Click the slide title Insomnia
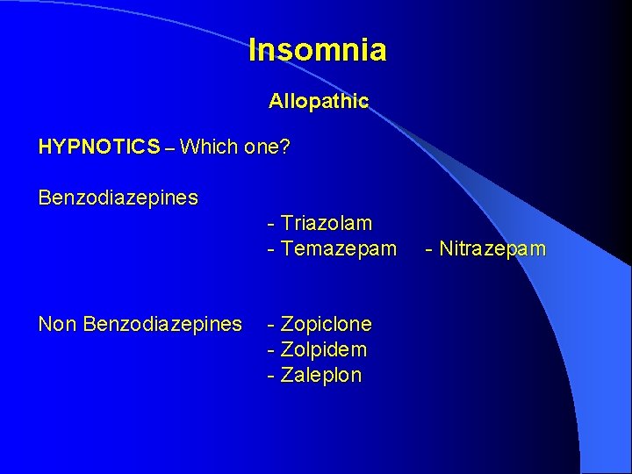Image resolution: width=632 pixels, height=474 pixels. (317, 50)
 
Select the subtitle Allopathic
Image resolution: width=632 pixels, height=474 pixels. (319, 102)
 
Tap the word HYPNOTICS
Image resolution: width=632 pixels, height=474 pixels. (99, 147)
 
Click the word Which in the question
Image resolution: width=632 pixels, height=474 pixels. (206, 147)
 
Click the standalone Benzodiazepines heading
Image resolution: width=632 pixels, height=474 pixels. (118, 197)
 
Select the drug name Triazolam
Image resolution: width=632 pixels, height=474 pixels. (327, 224)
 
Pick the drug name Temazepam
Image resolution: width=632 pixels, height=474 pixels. (338, 249)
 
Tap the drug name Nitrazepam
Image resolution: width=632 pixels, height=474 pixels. (492, 249)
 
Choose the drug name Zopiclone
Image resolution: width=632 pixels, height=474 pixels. (327, 325)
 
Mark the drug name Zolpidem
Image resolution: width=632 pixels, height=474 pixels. (324, 350)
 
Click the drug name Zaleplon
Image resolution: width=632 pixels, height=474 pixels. (321, 376)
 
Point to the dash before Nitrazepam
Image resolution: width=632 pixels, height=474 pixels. (428, 250)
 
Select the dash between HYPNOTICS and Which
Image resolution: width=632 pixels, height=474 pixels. (169, 147)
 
